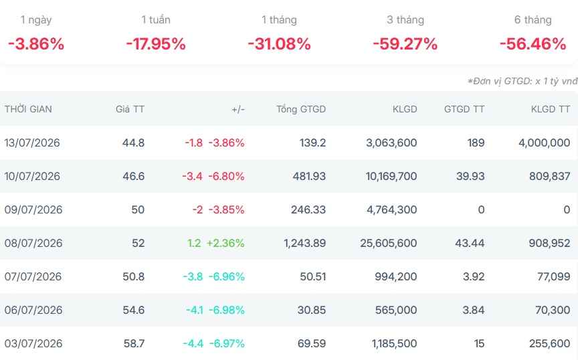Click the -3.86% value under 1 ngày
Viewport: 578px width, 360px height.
(36, 44)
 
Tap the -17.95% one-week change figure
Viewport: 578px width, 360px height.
(156, 44)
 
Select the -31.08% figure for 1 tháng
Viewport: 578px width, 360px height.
(280, 44)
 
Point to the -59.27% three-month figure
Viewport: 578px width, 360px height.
(405, 44)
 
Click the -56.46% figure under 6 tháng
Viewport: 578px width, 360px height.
(533, 44)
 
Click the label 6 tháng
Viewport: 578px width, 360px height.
(533, 19)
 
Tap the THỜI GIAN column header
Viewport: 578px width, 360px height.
(28, 109)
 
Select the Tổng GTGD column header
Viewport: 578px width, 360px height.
(301, 109)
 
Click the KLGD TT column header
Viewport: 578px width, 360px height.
(551, 109)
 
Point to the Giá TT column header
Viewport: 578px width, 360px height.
(130, 109)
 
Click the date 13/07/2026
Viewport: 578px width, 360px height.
(32, 143)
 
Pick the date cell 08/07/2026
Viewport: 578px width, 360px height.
(33, 243)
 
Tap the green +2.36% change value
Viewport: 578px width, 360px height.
(225, 243)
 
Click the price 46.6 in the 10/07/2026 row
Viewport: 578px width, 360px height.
(133, 176)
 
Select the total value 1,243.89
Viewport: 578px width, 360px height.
(305, 243)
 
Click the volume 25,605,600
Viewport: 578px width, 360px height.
(389, 243)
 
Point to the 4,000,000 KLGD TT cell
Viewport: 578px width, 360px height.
(545, 143)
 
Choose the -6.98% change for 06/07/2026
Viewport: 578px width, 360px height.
(226, 310)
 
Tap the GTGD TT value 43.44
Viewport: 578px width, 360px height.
(470, 243)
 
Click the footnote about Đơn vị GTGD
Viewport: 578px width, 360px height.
(522, 81)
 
